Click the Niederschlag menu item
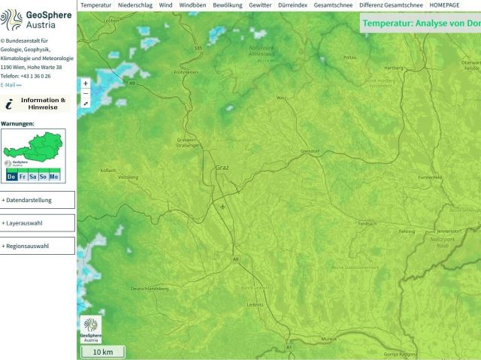(135, 5)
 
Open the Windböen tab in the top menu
(192, 5)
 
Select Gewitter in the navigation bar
(259, 5)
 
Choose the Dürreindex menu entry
(292, 5)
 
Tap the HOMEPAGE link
(444, 5)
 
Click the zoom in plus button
(86, 83)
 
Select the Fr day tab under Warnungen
(23, 176)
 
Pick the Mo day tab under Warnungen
(54, 176)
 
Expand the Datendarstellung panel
(38, 200)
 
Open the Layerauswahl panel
(38, 223)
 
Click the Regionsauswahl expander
(38, 246)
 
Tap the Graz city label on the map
(222, 168)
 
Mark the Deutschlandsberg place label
(150, 289)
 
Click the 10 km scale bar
(103, 352)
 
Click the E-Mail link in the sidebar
(11, 86)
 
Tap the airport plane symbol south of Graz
(223, 206)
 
